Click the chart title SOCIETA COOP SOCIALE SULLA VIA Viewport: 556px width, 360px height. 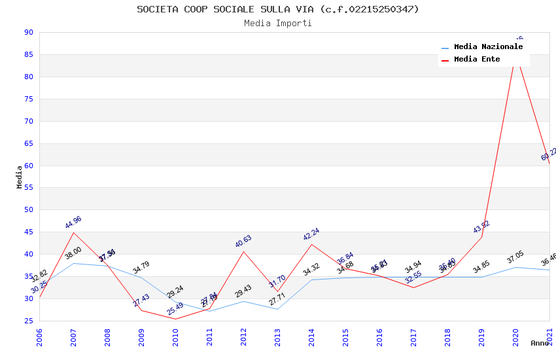coord(278,9)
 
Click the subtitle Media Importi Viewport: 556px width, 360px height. coord(278,24)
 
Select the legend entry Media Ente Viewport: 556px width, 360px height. coord(477,60)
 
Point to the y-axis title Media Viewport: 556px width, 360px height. coord(20,177)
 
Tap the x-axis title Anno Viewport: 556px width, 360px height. coord(540,343)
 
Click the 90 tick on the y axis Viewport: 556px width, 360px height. coord(28,33)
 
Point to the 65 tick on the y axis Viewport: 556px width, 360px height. coord(28,143)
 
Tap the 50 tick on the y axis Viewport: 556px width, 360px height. coord(28,210)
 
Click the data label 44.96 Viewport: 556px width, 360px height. coord(73,223)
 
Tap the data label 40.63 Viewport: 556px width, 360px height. coord(243,242)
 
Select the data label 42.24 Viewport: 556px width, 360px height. coord(311,234)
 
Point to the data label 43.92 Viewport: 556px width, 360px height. coord(481,227)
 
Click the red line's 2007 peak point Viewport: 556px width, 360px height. coord(73,232)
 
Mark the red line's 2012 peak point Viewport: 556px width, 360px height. coord(243,251)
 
